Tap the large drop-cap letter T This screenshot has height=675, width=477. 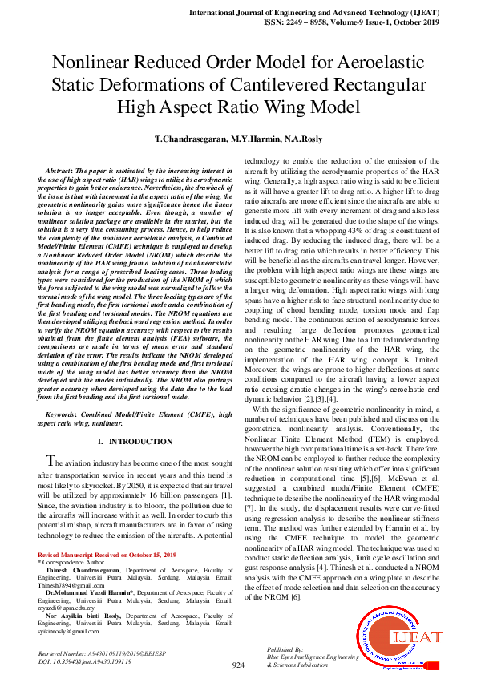coord(51,461)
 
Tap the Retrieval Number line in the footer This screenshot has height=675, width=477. coord(101,654)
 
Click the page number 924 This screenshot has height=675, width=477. coord(238,665)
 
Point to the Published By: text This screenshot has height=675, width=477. coord(285,649)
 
